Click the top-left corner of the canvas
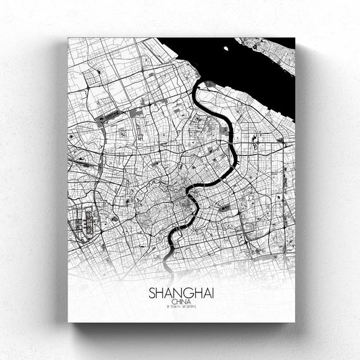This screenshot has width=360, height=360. (68, 38)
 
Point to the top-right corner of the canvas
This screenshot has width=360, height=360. (295, 38)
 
